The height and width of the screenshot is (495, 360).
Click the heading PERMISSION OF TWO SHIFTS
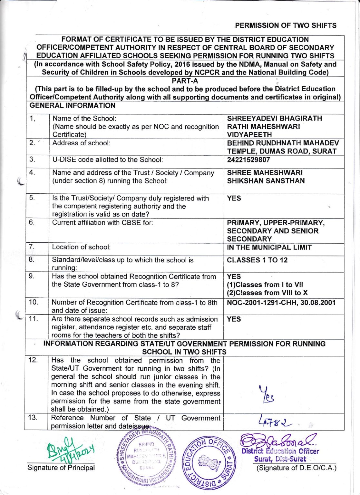(x=286, y=25)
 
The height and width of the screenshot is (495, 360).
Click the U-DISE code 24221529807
(x=248, y=160)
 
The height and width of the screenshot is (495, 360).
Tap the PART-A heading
(x=185, y=81)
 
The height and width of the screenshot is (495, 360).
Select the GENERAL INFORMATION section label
(x=72, y=106)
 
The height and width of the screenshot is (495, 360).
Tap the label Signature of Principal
(x=61, y=468)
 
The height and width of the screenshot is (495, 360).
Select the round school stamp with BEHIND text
(x=147, y=457)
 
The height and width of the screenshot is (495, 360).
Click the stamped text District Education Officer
(x=280, y=451)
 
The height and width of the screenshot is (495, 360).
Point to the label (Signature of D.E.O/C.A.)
(x=296, y=468)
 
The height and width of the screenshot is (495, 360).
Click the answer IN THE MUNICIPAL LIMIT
(x=269, y=247)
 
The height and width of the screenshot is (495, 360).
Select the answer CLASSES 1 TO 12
(x=257, y=260)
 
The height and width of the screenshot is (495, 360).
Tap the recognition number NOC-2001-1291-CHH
(x=262, y=303)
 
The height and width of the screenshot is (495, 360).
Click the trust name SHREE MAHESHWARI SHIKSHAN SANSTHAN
(x=265, y=177)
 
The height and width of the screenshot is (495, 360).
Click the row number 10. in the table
(x=33, y=302)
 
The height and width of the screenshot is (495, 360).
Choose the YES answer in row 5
(x=234, y=198)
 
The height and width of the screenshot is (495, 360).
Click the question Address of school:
(x=81, y=143)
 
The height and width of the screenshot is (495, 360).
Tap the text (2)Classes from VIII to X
(x=267, y=293)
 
